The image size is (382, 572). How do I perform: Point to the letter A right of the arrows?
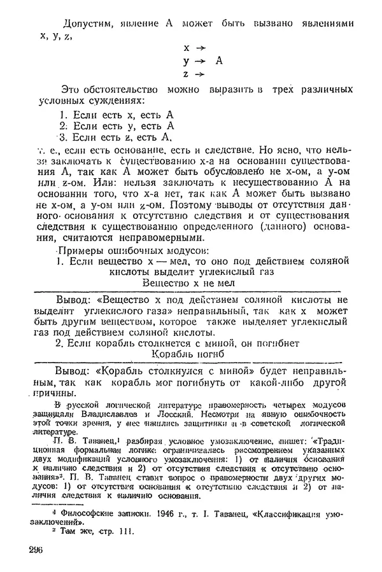coord(219,61)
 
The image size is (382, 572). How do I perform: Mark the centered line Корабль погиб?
coord(190,354)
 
